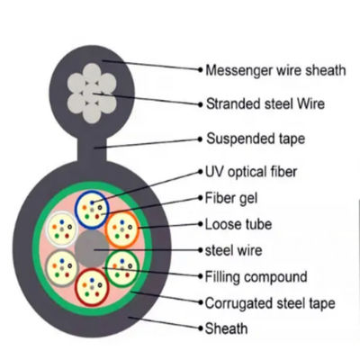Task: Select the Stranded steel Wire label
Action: pos(265,103)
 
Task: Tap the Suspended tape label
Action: pos(256,139)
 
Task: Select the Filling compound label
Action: pos(256,276)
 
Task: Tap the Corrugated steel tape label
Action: pos(270,304)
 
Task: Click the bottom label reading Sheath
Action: pos(229,329)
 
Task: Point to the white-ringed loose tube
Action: pos(62,227)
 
